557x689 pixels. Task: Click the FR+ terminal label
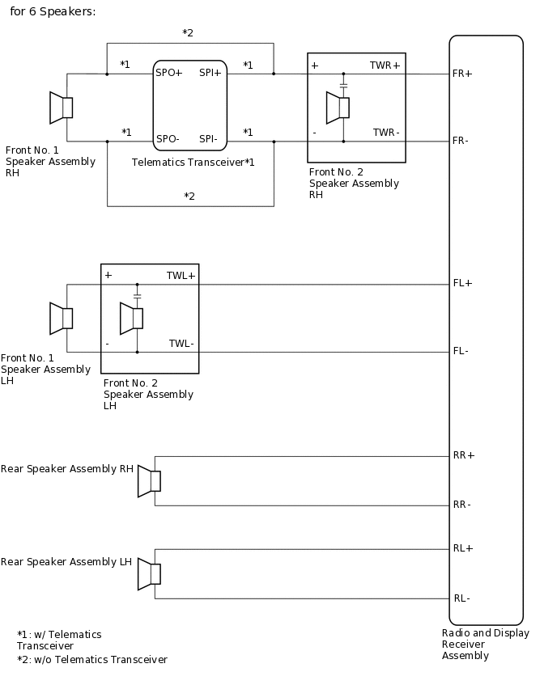pyautogui.click(x=462, y=74)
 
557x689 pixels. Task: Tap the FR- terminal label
pyautogui.click(x=461, y=141)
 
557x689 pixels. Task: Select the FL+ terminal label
pyautogui.click(x=462, y=284)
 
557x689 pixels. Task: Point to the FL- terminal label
pyautogui.click(x=461, y=351)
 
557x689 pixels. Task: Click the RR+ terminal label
pyautogui.click(x=464, y=455)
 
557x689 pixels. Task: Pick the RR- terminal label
pyautogui.click(x=462, y=505)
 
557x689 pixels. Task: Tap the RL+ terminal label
pyautogui.click(x=463, y=548)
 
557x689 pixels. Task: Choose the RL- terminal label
pyautogui.click(x=461, y=598)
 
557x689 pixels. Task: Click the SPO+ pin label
pyautogui.click(x=169, y=72)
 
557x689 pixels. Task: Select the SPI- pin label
pyautogui.click(x=208, y=139)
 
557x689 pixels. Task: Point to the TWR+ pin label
pyautogui.click(x=385, y=65)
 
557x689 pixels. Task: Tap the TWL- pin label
pyautogui.click(x=181, y=344)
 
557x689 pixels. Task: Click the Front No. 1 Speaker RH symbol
pyautogui.click(x=62, y=108)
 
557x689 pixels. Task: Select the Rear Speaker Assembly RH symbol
pyautogui.click(x=149, y=480)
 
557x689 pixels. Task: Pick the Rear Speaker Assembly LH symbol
pyautogui.click(x=149, y=573)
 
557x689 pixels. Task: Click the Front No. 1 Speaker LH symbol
pyautogui.click(x=62, y=318)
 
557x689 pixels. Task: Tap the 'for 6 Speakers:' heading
pyautogui.click(x=53, y=12)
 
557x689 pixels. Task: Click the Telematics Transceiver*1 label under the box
pyautogui.click(x=193, y=163)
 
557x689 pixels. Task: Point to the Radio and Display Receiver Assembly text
pyautogui.click(x=485, y=645)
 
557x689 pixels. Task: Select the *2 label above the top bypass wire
pyautogui.click(x=188, y=33)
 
